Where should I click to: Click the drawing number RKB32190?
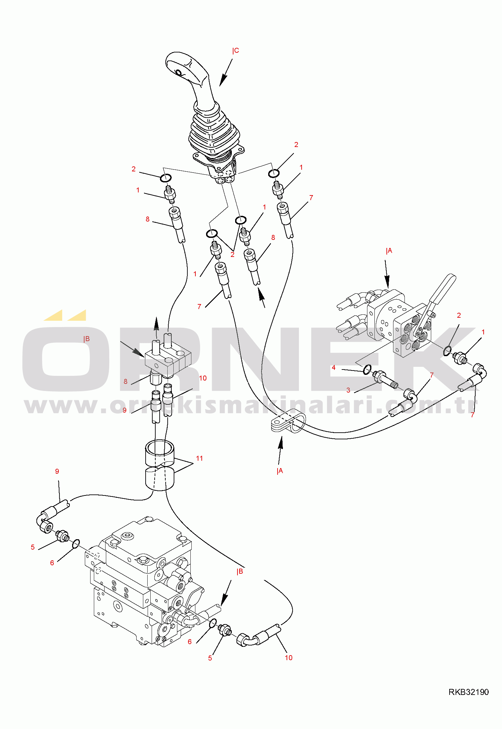coord(468,692)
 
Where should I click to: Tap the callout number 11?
coord(199,458)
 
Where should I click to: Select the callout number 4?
coord(333,368)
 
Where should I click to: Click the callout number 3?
coord(348,390)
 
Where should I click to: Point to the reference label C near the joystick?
coord(236,51)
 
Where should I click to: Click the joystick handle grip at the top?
coord(187,68)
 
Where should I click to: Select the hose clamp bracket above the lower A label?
coord(288,422)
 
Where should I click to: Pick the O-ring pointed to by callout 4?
coord(367,369)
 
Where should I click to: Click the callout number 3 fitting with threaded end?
coord(386,380)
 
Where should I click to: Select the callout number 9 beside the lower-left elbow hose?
coord(57,471)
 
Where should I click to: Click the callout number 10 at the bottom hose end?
coord(289,658)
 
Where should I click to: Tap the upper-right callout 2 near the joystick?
coord(296,145)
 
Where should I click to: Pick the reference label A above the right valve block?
coord(389,251)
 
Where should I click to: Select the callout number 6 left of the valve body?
coord(52,563)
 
